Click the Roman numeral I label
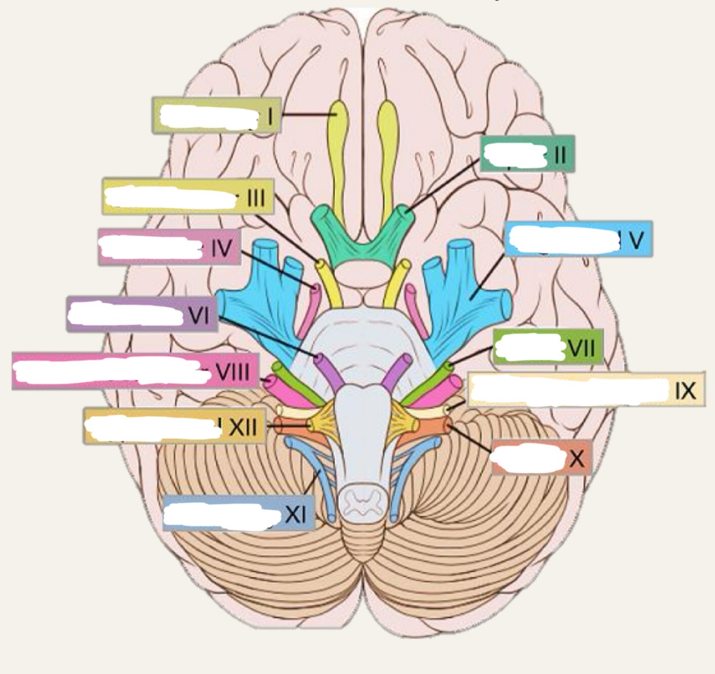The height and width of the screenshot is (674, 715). coord(271,115)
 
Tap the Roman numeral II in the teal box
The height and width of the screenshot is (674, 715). coord(560,154)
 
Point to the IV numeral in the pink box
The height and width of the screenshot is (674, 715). coord(221,248)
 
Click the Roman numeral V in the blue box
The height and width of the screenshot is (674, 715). coord(636,241)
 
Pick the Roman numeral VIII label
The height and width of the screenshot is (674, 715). coord(233,371)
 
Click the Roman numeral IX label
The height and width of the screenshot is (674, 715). coord(686,391)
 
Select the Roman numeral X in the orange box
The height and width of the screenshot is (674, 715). coord(577,459)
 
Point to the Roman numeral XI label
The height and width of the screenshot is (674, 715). coord(295,514)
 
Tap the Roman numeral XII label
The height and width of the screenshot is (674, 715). coord(243,427)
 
